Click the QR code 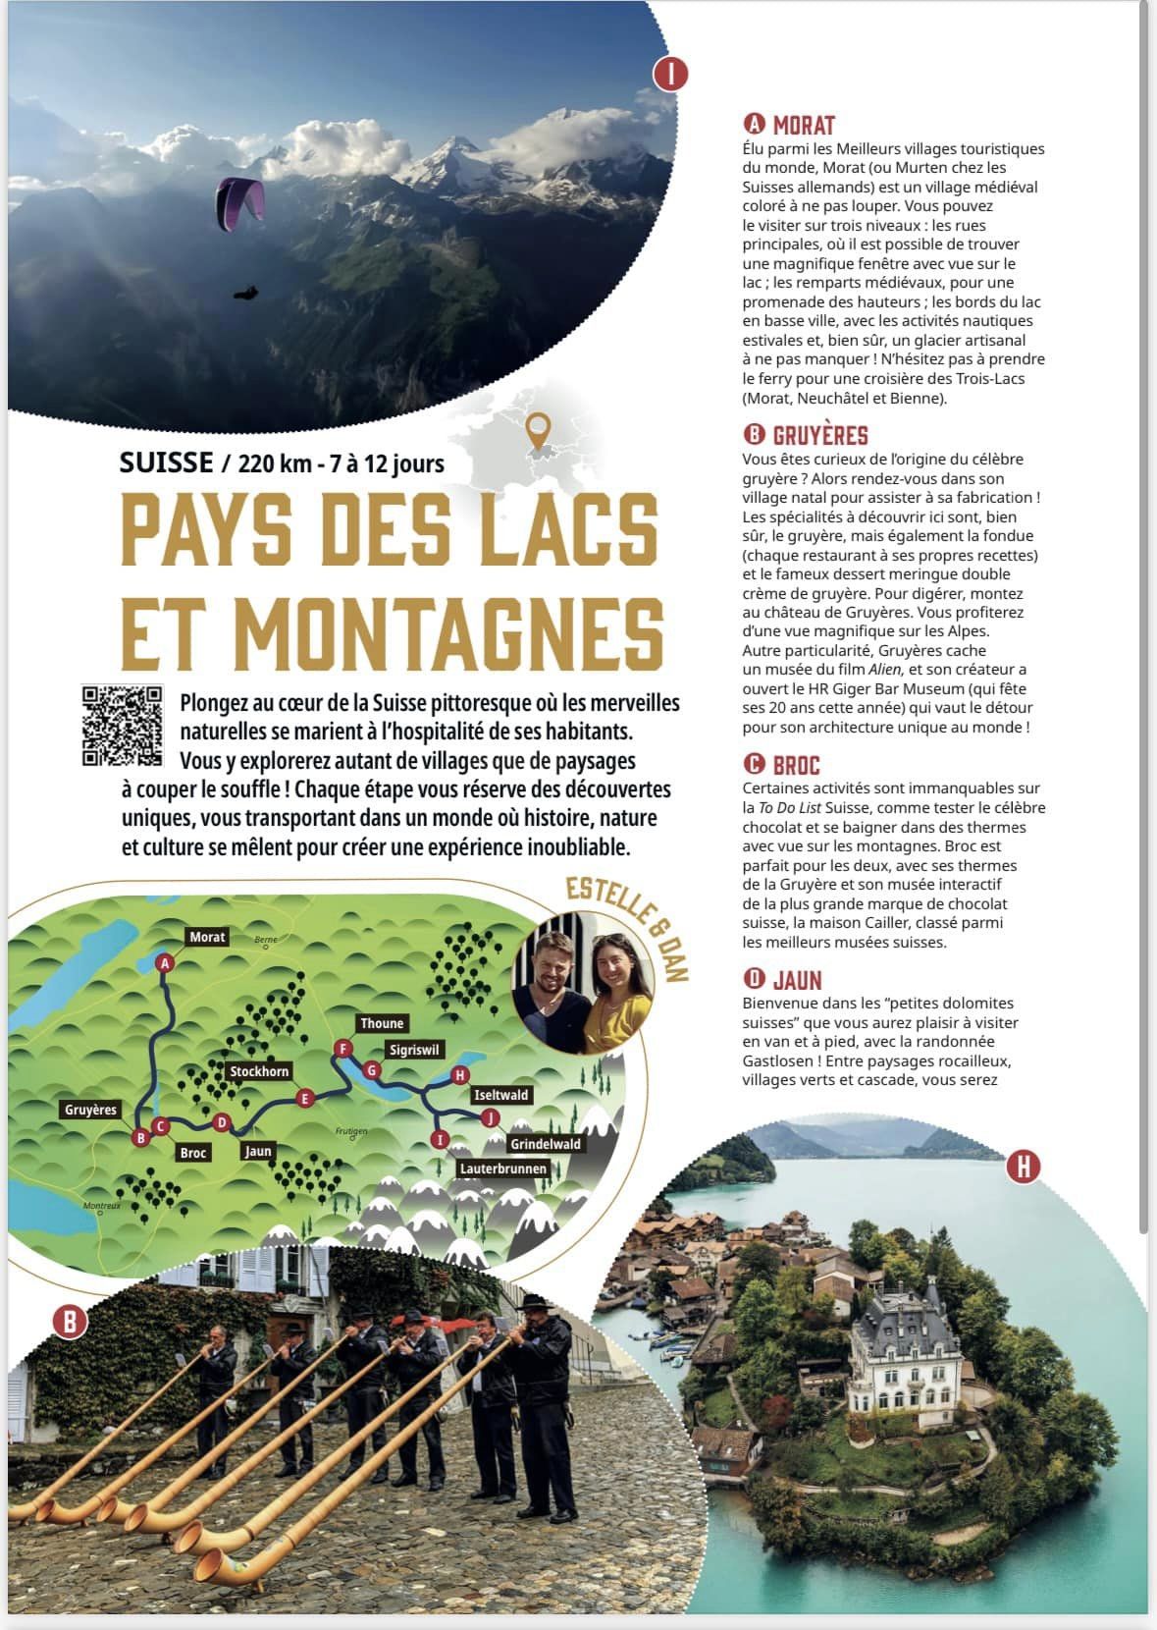(121, 726)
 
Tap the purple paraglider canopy (241, 197)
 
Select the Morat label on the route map (207, 937)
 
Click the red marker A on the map (165, 963)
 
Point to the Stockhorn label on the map (259, 1071)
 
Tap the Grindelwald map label (545, 1144)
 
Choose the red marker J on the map (488, 1117)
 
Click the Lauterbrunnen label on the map (503, 1168)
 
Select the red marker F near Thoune (342, 1049)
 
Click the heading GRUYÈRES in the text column (819, 435)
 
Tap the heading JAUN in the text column (796, 980)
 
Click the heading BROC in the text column (795, 765)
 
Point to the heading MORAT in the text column (803, 125)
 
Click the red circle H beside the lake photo (1024, 1166)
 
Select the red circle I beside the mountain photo (671, 74)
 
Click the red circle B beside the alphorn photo (70, 1322)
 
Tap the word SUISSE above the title (166, 462)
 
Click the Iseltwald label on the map (500, 1095)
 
